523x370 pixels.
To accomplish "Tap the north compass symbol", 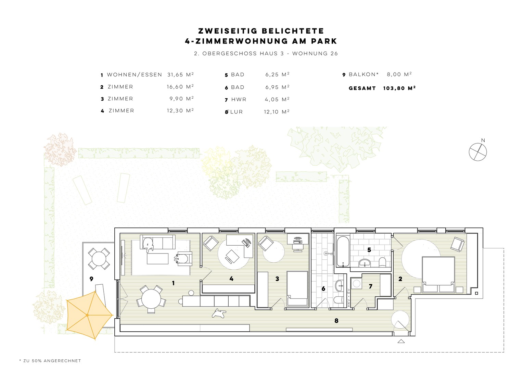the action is (x=478, y=151).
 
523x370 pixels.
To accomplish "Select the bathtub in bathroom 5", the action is (x=343, y=252).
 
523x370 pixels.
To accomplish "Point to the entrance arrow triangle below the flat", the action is (x=401, y=341).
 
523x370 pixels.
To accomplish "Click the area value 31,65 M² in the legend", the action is (x=180, y=75).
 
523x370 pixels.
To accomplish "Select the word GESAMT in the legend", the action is (x=362, y=88).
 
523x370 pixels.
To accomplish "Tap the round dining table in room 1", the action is (x=151, y=299).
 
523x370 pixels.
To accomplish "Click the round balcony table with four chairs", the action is (x=99, y=259).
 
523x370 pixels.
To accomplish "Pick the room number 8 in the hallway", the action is (x=336, y=321).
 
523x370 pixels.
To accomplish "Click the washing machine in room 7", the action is (x=356, y=284).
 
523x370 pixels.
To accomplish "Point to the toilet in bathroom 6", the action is (x=338, y=300).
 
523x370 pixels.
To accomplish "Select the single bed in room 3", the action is (x=297, y=288).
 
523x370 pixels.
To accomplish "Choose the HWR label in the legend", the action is (x=239, y=99).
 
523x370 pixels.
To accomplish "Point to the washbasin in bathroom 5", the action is (x=365, y=263).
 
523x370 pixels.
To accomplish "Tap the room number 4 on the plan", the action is (x=231, y=279).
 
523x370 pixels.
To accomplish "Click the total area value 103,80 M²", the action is (x=399, y=88).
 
